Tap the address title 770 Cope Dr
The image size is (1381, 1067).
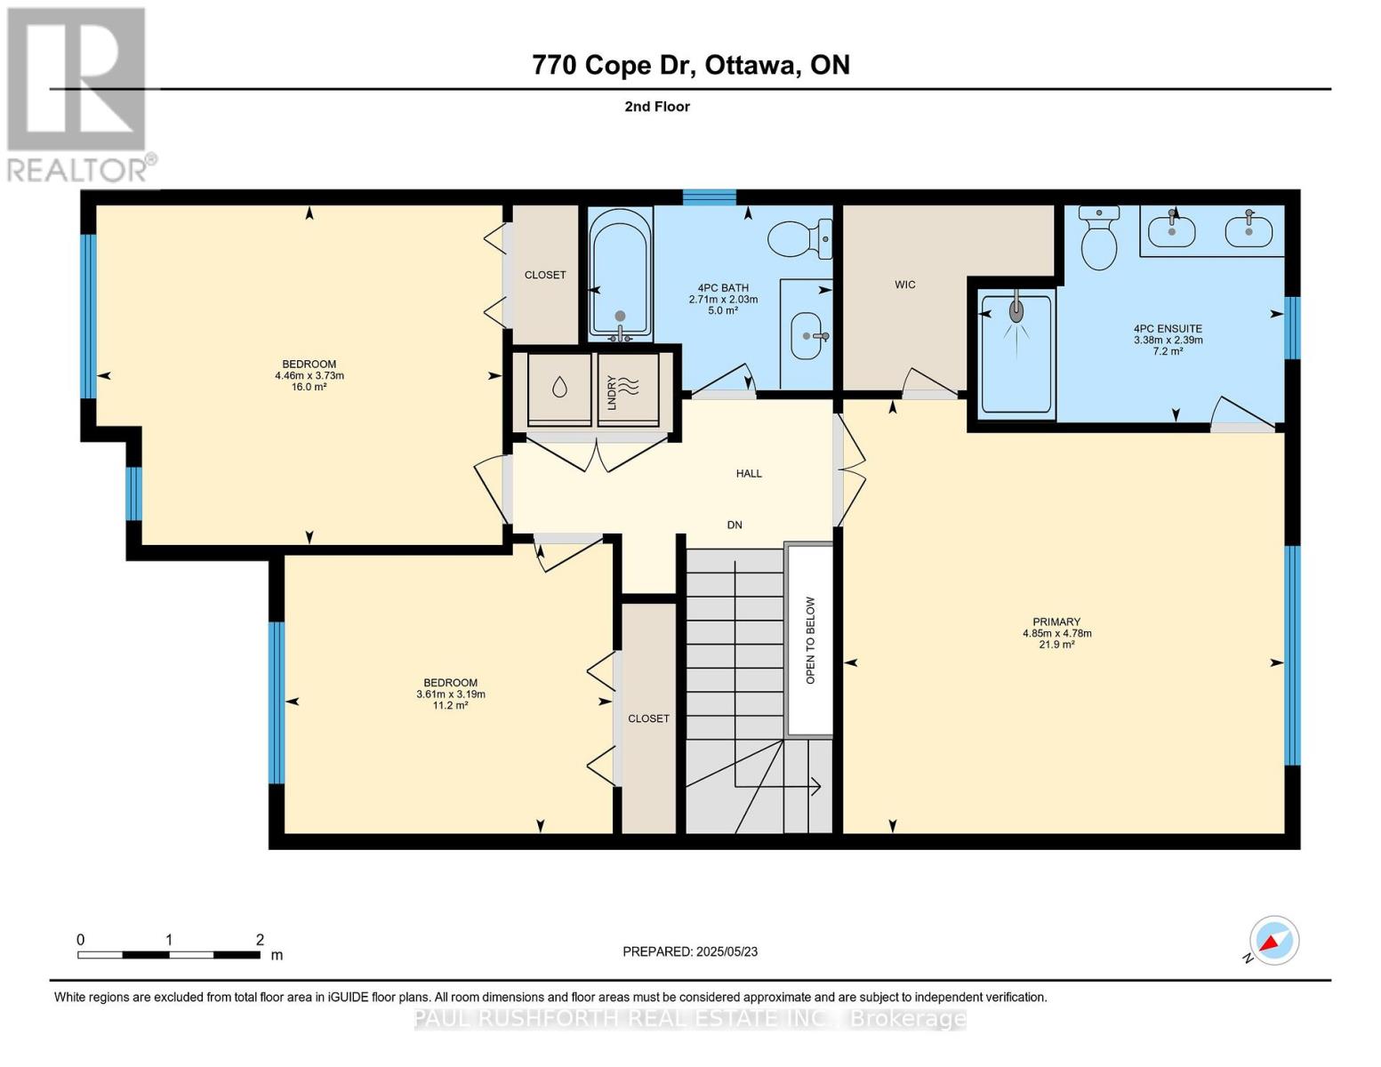pos(690,65)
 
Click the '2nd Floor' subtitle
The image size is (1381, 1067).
pos(657,107)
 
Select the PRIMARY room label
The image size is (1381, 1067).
pos(1056,622)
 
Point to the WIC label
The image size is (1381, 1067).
pos(905,285)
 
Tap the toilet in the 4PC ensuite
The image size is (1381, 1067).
pos(1099,238)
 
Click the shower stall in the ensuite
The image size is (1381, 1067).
pos(1016,353)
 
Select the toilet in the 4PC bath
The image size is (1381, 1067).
pos(798,239)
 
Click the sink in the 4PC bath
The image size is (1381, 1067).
pos(807,335)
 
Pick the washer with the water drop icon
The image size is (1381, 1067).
pos(559,389)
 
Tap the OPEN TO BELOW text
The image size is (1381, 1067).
pos(810,640)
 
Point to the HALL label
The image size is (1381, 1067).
pos(749,473)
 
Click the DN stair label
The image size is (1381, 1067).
pos(735,525)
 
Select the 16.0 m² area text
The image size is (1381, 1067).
pos(309,387)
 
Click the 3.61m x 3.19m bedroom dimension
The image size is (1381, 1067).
pos(451,694)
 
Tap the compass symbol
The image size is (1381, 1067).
pos(1274,941)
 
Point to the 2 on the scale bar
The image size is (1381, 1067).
pos(260,940)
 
